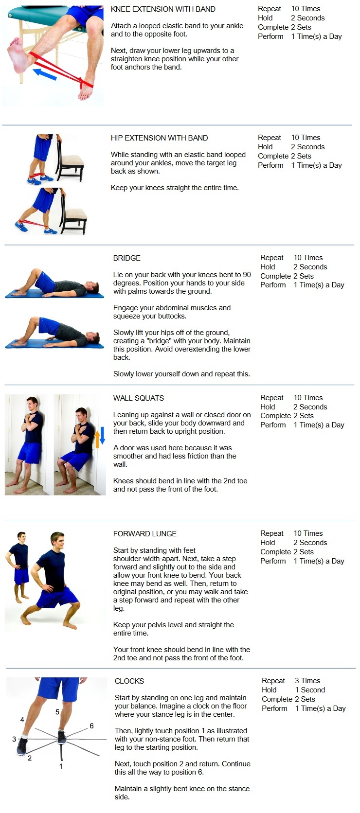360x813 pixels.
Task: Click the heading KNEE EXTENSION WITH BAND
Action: (x=163, y=9)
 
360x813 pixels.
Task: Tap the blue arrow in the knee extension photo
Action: (x=45, y=74)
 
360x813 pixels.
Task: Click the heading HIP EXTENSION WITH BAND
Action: (x=159, y=138)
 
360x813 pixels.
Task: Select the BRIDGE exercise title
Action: (x=127, y=258)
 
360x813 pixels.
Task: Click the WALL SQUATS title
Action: (x=139, y=398)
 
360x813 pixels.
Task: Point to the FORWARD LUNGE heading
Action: (x=144, y=534)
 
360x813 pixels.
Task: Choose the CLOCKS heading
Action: (x=129, y=681)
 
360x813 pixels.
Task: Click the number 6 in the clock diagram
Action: (x=91, y=725)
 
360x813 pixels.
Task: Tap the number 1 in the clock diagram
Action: (x=61, y=766)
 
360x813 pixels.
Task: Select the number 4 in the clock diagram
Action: (x=22, y=719)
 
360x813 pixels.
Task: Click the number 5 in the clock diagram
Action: (x=57, y=712)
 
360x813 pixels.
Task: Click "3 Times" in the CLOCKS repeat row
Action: (x=307, y=681)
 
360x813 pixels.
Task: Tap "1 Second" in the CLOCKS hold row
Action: (x=310, y=689)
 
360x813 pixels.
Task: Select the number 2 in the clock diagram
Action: (x=30, y=758)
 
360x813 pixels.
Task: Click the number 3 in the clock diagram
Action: (x=14, y=739)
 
